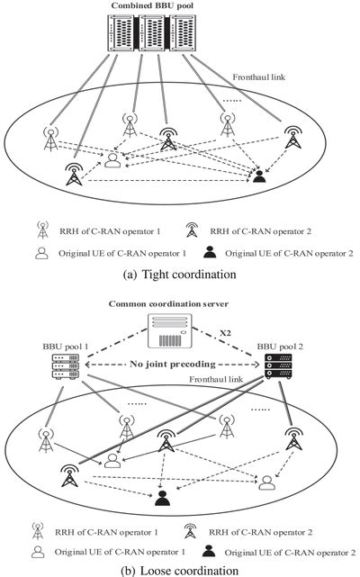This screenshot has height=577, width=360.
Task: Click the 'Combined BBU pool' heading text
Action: (x=179, y=6)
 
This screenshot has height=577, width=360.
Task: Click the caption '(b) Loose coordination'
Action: (x=179, y=569)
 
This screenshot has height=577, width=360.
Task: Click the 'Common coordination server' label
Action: (x=179, y=304)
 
